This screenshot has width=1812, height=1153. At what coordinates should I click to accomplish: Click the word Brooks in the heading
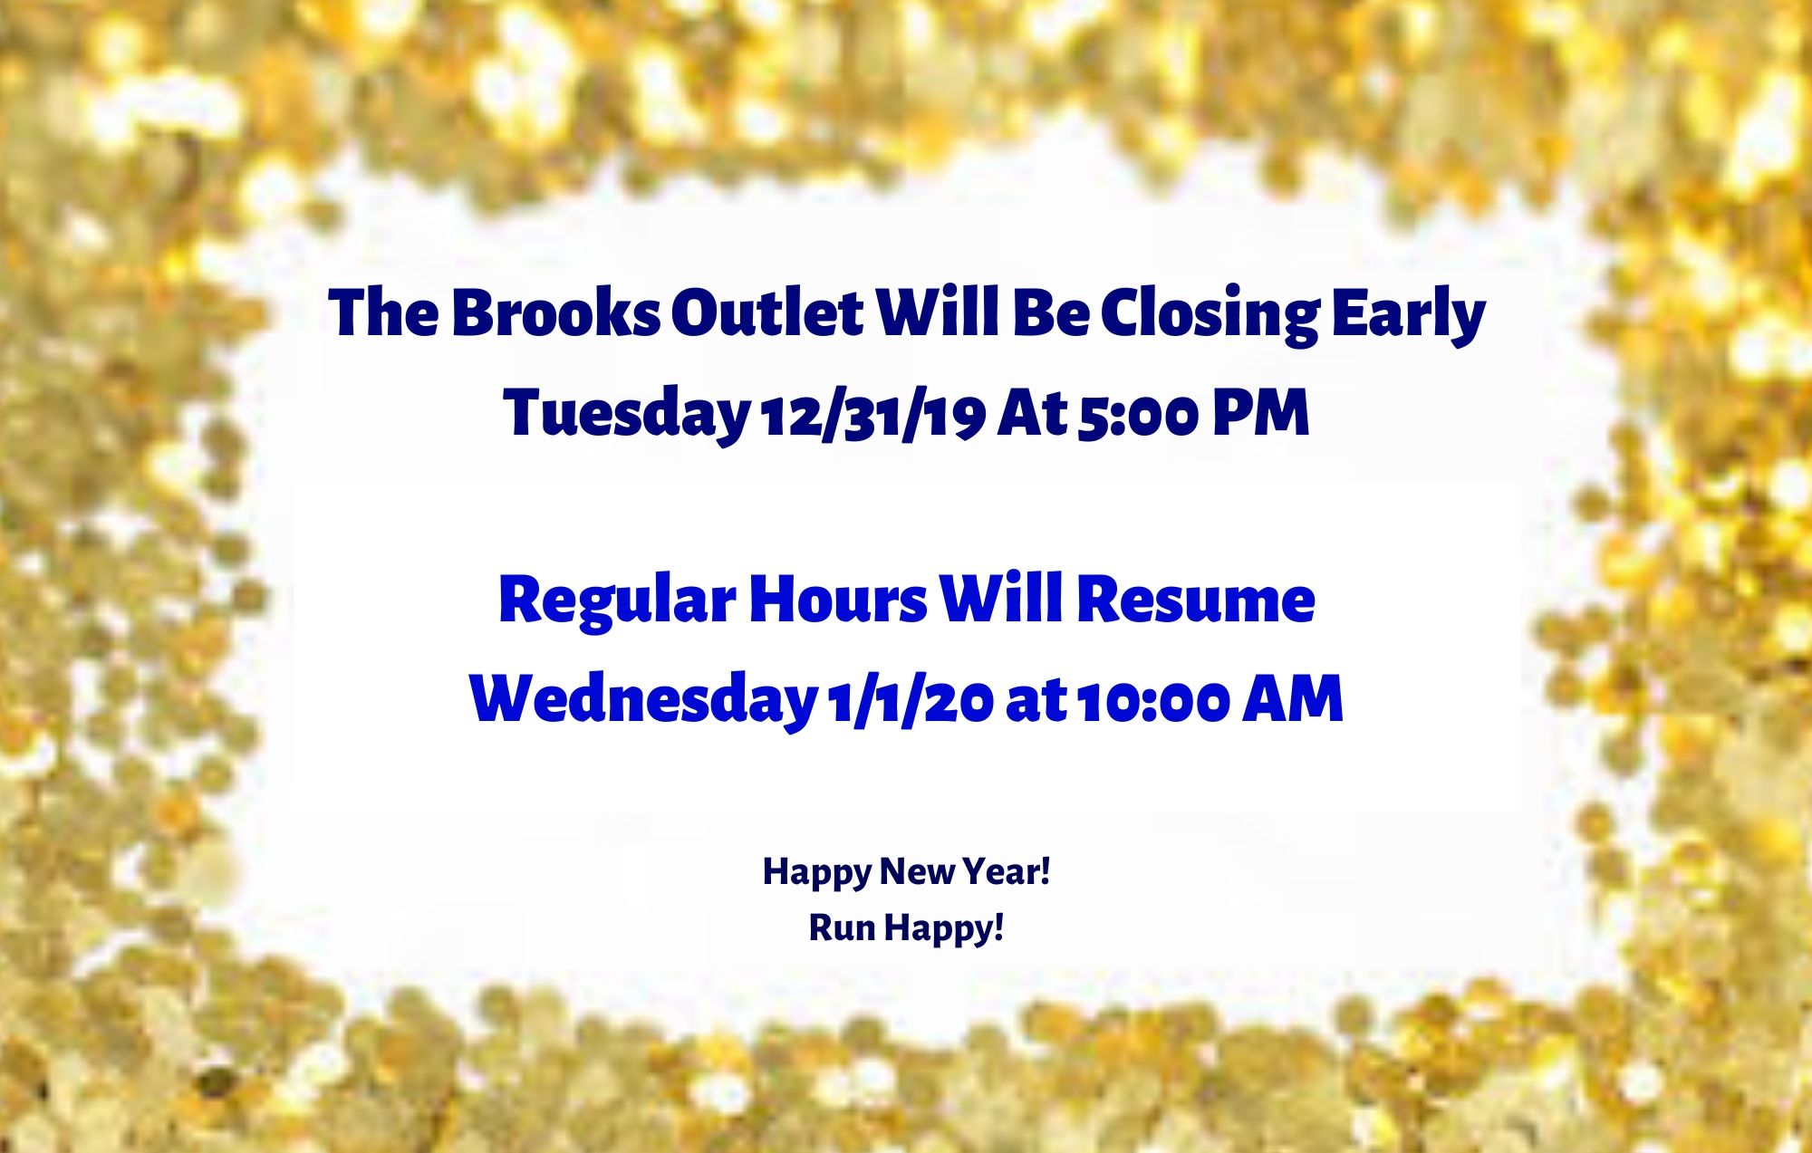(x=555, y=313)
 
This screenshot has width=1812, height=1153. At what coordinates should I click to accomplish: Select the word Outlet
(x=766, y=313)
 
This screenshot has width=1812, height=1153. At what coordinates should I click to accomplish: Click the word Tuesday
(x=626, y=413)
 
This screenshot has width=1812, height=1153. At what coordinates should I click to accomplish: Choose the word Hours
(x=838, y=600)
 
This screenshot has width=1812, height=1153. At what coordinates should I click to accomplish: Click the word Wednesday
(x=643, y=699)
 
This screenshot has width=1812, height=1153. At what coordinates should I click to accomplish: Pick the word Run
(x=842, y=927)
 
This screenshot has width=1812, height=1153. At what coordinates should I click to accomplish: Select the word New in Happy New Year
(x=917, y=871)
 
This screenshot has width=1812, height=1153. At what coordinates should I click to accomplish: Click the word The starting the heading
(x=384, y=313)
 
